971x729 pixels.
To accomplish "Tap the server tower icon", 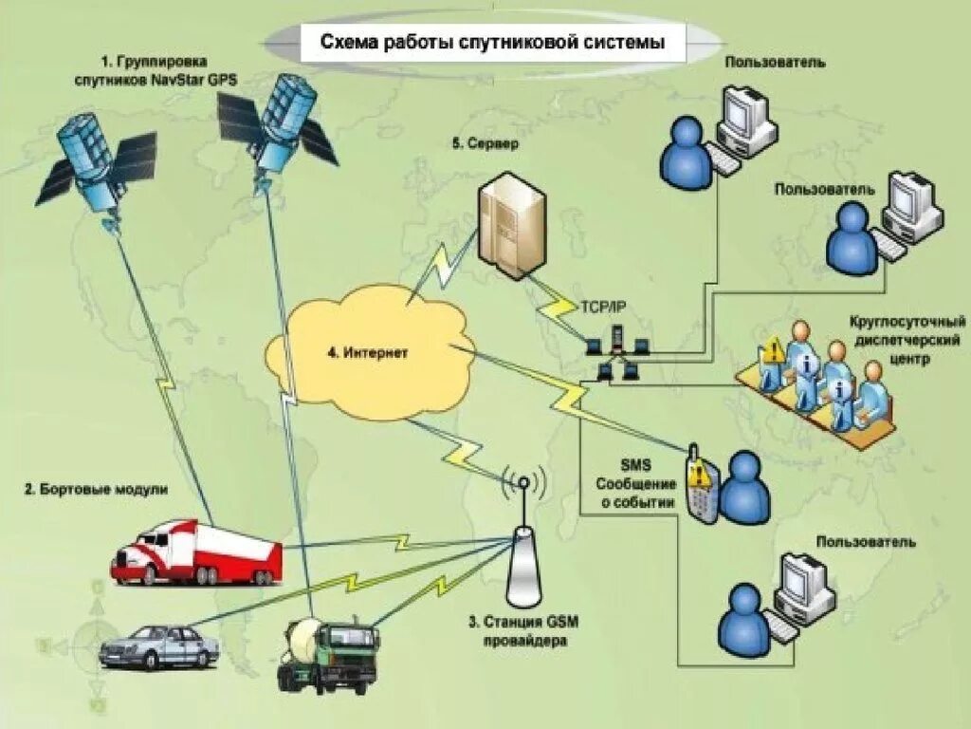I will [513, 225].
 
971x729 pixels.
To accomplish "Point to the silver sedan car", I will [159, 646].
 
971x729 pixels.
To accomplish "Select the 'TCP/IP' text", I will [603, 307].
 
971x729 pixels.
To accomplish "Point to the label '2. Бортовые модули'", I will [96, 490].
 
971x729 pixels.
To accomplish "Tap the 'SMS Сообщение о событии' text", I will [636, 484].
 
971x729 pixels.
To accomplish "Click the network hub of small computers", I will [616, 352].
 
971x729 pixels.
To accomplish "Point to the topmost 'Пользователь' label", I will [775, 63].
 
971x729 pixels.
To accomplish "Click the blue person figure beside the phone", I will [743, 485].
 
